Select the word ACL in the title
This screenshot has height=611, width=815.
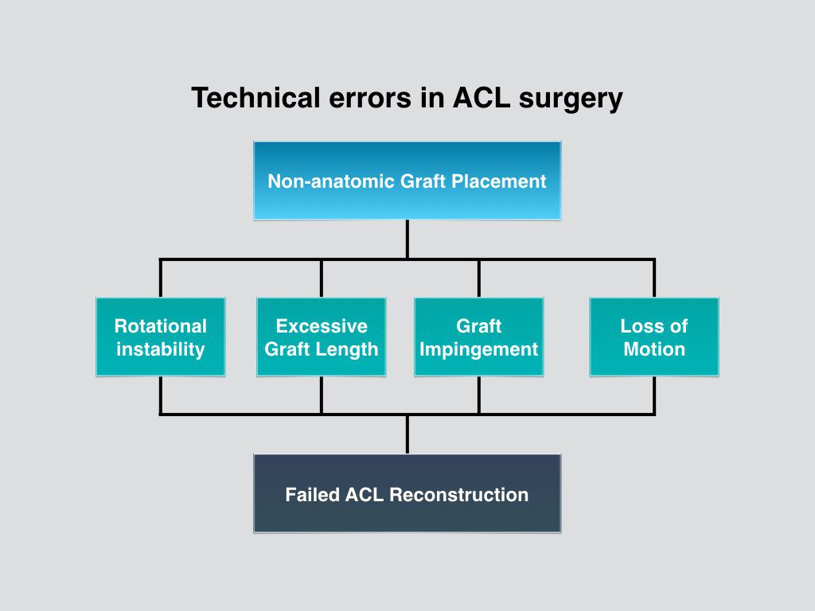coord(482,99)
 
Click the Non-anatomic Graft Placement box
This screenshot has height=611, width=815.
coord(407,181)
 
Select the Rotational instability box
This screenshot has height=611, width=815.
coord(160,337)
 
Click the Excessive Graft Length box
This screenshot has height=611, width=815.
coord(321,337)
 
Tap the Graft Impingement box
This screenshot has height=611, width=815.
coord(478,337)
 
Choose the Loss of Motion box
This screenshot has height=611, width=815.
coord(653,337)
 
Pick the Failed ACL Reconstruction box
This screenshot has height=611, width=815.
coord(407,494)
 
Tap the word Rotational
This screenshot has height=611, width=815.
coord(160,326)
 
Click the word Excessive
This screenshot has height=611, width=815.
coord(321,326)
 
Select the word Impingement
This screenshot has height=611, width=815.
coord(478,349)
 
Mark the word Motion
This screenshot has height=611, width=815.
coord(653,349)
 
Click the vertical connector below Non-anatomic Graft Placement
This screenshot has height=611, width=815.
coord(407,239)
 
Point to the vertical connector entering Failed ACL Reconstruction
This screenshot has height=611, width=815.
coord(407,434)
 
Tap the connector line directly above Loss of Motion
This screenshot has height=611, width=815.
coord(654,278)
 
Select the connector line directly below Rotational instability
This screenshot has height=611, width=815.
coord(161,395)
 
